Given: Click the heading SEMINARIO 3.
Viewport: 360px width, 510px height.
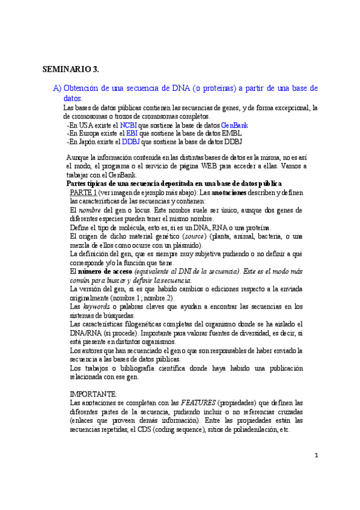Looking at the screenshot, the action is coord(70,69).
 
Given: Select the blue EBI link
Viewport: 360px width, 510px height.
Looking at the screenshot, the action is coord(131,134).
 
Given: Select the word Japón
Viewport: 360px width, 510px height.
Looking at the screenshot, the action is coord(87,142).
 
